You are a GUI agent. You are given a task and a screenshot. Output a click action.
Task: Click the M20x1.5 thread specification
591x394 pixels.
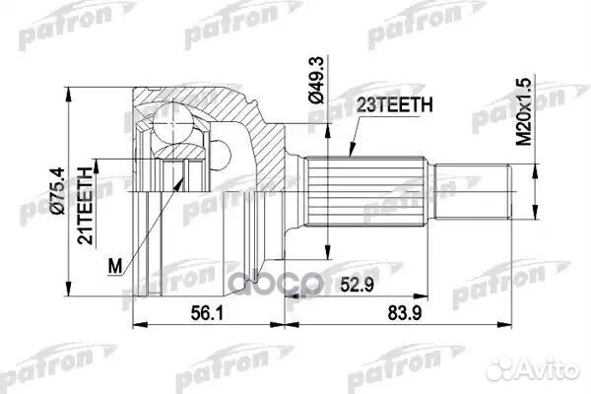[x=529, y=111]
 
